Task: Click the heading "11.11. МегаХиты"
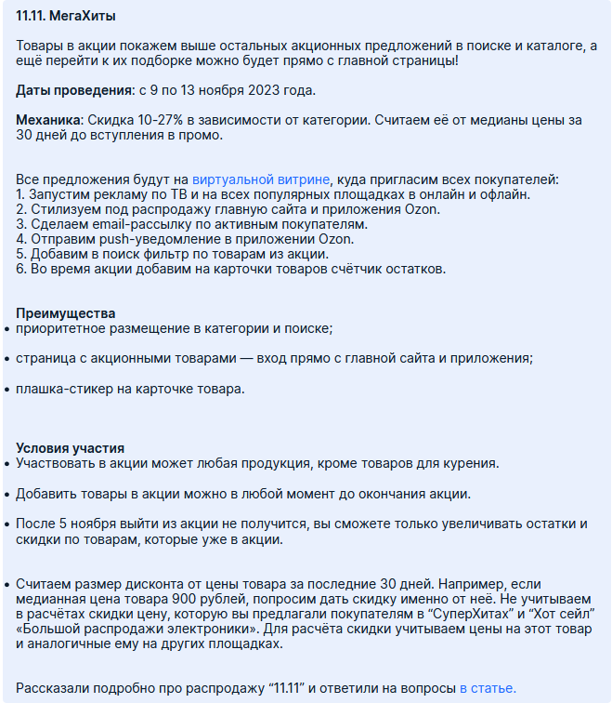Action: (x=66, y=17)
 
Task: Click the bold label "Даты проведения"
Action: (x=74, y=91)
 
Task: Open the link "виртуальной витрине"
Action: (x=260, y=179)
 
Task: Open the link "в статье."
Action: (x=487, y=688)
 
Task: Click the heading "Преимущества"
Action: (x=66, y=313)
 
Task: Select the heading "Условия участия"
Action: (x=70, y=448)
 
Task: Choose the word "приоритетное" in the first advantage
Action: (x=60, y=328)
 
